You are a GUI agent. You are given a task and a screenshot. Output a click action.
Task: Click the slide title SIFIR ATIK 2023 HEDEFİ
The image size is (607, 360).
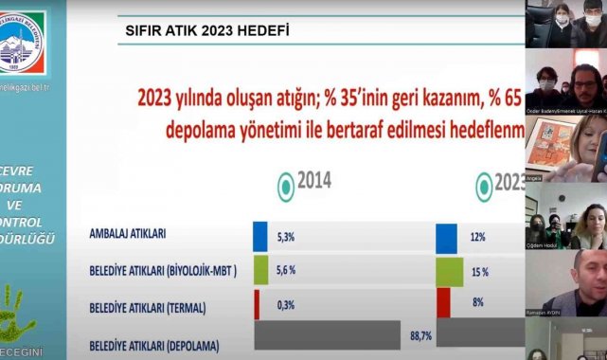click(207, 29)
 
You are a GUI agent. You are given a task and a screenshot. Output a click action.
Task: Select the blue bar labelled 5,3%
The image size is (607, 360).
click(261, 236)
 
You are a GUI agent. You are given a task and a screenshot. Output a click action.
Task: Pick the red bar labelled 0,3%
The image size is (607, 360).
click(257, 303)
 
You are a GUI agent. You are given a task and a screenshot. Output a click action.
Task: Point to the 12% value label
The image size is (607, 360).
click(479, 236)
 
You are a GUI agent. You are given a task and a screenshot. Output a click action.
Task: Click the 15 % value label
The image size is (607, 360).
click(479, 271)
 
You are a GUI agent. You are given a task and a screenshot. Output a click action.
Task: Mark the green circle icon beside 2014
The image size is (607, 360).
click(283, 185)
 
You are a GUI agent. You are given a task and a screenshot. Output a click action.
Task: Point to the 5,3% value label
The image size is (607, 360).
click(285, 236)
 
